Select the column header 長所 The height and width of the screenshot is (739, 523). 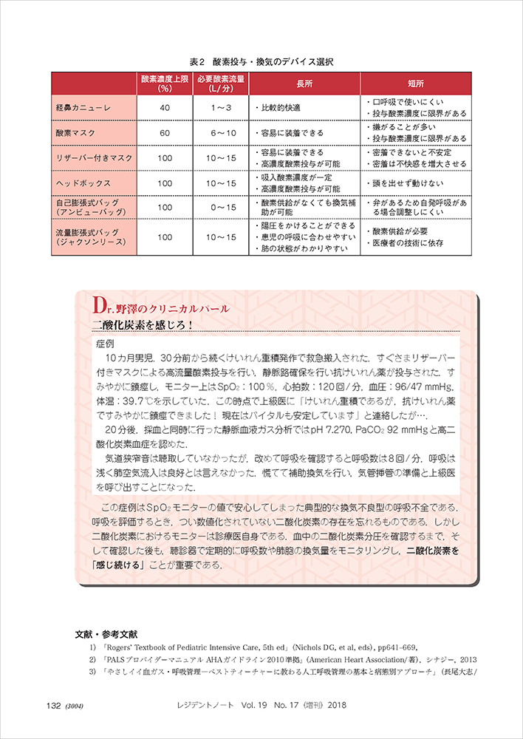pyautogui.click(x=304, y=84)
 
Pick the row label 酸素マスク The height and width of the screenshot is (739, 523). pyautogui.click(x=77, y=133)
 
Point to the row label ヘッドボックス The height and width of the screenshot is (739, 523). pyautogui.click(x=83, y=183)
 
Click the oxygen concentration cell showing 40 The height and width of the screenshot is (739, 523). pyautogui.click(x=165, y=108)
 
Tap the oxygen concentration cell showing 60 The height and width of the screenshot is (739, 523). pyautogui.click(x=165, y=133)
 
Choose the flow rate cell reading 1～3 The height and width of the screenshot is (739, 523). pyautogui.click(x=221, y=108)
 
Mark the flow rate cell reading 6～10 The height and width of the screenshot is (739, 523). pyautogui.click(x=221, y=133)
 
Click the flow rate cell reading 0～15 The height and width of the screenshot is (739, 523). pyautogui.click(x=221, y=208)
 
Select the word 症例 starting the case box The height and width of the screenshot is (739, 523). pyautogui.click(x=105, y=344)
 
